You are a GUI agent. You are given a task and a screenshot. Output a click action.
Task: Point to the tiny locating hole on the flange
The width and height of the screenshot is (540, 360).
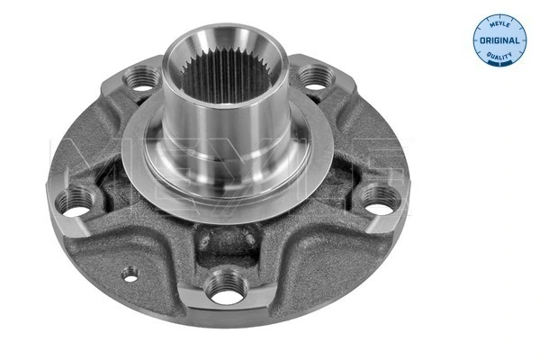click(130, 276)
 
